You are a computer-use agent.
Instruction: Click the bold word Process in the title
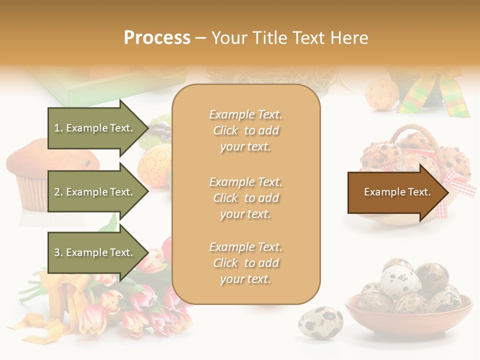point(157,38)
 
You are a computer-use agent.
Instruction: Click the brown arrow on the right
point(395,192)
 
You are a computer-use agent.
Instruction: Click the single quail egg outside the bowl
point(320,322)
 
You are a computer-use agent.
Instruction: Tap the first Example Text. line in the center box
point(245,114)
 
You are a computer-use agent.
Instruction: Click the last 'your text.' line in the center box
point(245,279)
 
